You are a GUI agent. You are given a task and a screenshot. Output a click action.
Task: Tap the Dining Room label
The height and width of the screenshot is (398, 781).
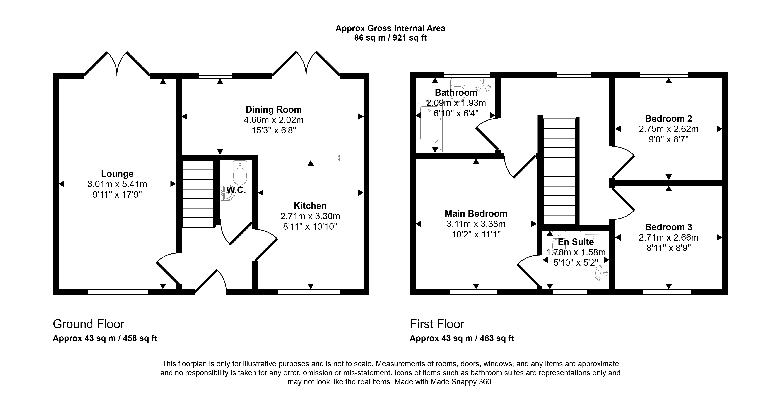273,109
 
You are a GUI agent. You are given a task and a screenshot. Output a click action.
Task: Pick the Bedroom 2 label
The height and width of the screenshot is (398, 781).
668,118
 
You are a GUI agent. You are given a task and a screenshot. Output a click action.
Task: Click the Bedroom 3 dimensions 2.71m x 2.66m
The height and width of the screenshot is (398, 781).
668,237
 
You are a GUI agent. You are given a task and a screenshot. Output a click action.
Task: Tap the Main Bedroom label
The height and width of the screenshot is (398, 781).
476,214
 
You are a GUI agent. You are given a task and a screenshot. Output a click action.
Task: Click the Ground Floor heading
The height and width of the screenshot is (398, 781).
89,324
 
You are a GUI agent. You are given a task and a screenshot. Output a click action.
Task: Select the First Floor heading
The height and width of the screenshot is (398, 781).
437,324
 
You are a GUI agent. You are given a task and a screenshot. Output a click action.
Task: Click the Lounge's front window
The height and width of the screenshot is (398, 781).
118,292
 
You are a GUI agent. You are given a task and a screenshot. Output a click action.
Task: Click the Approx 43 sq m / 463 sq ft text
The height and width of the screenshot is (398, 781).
462,338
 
